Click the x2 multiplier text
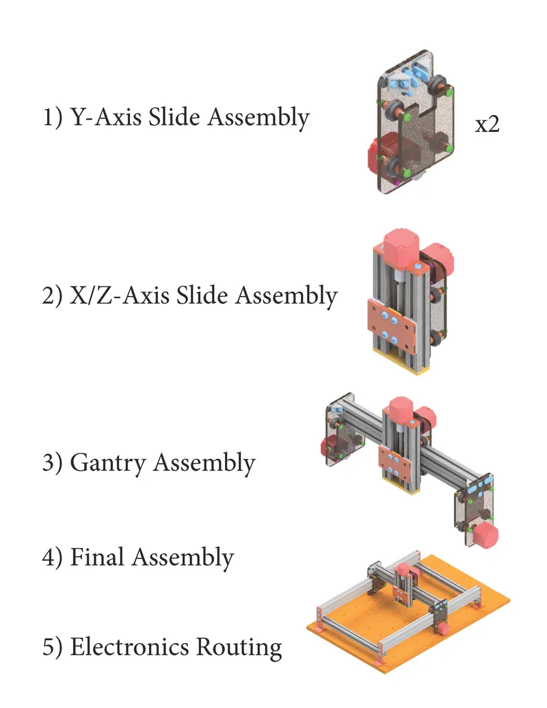[488, 125]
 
